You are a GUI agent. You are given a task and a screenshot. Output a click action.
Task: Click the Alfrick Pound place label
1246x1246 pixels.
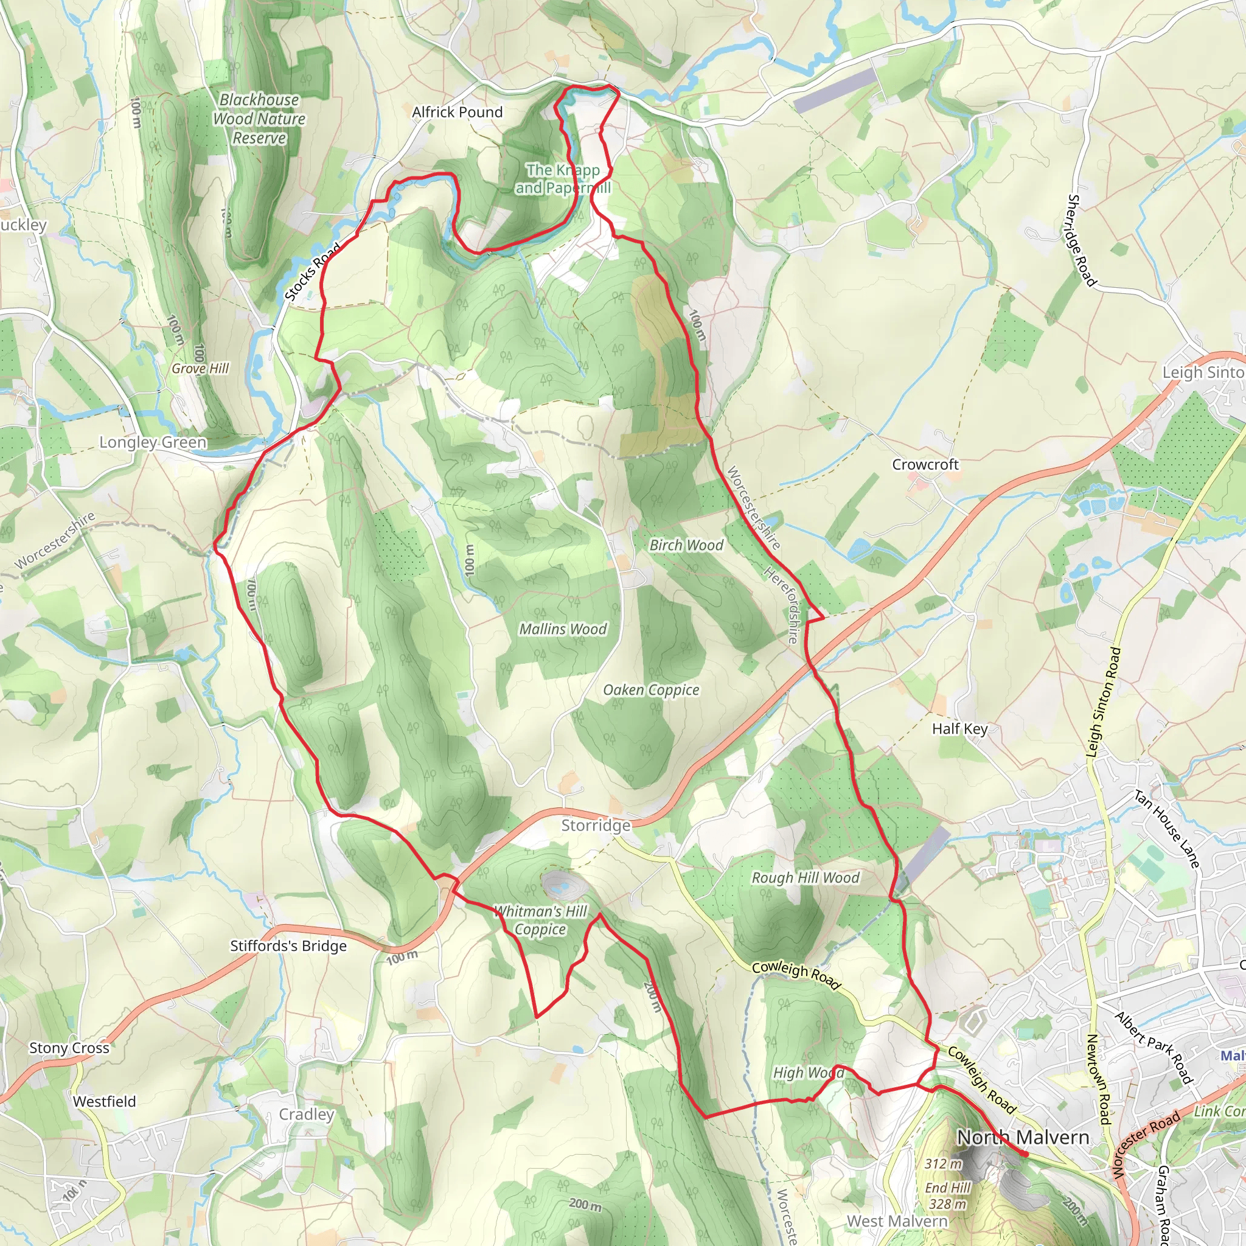(x=458, y=112)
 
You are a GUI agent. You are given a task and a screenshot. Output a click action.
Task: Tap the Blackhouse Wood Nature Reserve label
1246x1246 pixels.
(x=259, y=119)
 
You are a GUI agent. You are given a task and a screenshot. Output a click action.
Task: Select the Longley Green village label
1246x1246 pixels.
(x=153, y=442)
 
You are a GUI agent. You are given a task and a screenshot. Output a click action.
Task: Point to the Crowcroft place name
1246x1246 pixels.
(x=925, y=464)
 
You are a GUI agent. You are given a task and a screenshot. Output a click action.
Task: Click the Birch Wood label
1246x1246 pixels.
(x=686, y=545)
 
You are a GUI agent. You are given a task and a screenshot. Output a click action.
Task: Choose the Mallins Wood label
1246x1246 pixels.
(x=563, y=629)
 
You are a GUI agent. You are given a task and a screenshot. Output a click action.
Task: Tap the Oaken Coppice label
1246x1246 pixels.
(x=651, y=690)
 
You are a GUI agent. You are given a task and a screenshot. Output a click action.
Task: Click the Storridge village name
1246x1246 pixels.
(x=595, y=826)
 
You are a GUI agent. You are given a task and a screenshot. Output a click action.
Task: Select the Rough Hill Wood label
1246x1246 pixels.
(x=806, y=878)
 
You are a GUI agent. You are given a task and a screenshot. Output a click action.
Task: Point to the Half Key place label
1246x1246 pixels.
(x=959, y=729)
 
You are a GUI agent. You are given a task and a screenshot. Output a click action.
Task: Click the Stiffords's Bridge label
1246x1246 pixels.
(x=288, y=946)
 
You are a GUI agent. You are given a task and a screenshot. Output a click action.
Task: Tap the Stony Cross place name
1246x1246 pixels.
(x=69, y=1048)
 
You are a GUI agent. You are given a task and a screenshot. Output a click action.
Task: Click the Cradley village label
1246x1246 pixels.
(x=307, y=1115)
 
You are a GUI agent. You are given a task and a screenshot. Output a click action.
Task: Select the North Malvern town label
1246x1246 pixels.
(x=1023, y=1137)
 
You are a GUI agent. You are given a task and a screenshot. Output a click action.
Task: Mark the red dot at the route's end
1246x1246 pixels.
(x=1024, y=1154)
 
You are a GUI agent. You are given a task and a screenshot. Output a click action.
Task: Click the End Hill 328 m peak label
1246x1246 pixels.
(x=947, y=1195)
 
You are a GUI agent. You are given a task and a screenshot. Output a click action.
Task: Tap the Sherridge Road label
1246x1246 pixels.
(x=1082, y=240)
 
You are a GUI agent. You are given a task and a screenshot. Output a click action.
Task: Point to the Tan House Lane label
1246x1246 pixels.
(x=1167, y=829)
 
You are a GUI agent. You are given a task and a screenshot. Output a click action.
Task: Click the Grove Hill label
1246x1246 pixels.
(x=200, y=368)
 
